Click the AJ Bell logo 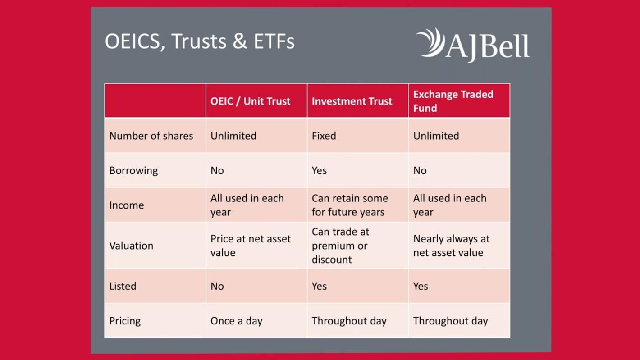point(473,45)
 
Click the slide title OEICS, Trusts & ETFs point(200,42)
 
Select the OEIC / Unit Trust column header point(250,101)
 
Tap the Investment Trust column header point(352,101)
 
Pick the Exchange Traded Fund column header point(453,101)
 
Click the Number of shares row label point(151,136)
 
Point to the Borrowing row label point(133,171)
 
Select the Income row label point(127,205)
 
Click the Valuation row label point(131,246)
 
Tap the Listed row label point(123,286)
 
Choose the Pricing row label point(125,321)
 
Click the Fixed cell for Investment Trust point(324,136)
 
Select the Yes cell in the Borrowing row point(319,171)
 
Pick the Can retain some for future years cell point(350,205)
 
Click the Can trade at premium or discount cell point(341,246)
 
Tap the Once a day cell point(236,321)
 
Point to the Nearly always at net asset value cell point(452,246)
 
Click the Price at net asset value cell point(251,246)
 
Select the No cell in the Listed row point(217,286)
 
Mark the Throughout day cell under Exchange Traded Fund point(451,321)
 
